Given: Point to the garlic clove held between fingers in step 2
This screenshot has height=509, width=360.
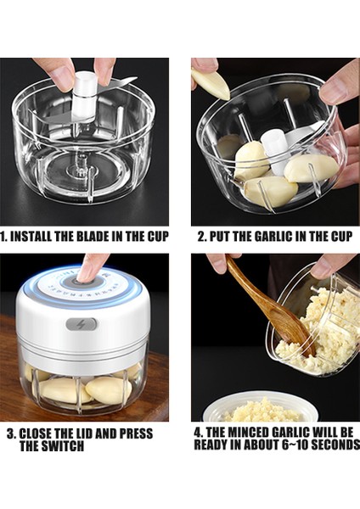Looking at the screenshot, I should pos(210,82).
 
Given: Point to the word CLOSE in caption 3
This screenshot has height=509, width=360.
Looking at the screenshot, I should pos(37,433).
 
